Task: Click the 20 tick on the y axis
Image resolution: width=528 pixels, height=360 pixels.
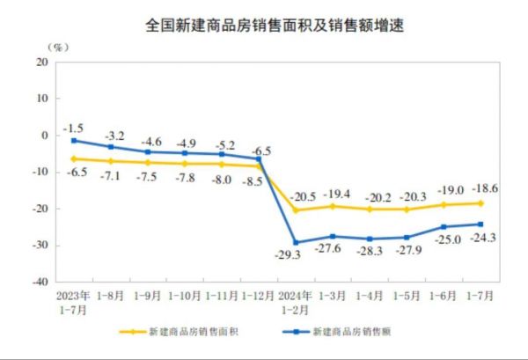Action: (x=40, y=62)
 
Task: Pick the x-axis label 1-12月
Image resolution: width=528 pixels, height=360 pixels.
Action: (x=258, y=294)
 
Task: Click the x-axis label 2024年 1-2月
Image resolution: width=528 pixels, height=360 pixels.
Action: (x=295, y=300)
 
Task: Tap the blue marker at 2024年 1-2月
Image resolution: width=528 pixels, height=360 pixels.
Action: (x=295, y=243)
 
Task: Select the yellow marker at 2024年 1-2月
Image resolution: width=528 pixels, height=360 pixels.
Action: (x=295, y=210)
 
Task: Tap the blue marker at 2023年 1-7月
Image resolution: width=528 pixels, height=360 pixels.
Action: (x=74, y=141)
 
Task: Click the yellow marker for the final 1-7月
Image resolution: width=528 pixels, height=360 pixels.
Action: (x=480, y=203)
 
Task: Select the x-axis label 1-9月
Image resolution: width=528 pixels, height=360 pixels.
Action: (x=147, y=294)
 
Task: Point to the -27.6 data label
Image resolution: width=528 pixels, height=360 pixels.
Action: (x=333, y=249)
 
